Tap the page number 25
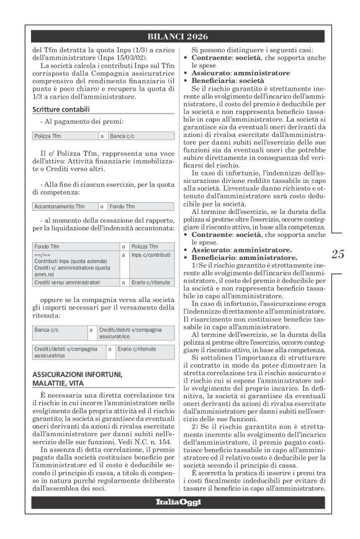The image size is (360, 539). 338,254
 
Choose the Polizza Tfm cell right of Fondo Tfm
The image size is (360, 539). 145,246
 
